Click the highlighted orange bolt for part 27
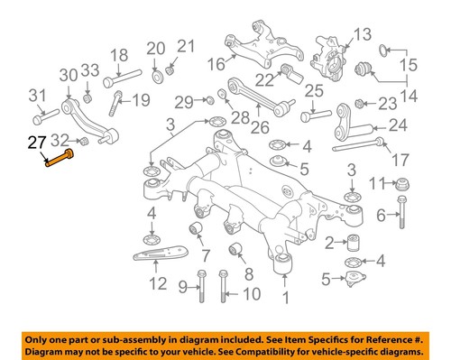pos(60,162)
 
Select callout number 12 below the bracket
pos(158,284)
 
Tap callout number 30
pos(69,75)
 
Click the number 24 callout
pos(398,125)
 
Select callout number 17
pos(400,161)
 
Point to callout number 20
pos(155,48)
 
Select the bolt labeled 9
pos(200,287)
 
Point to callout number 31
pos(37,97)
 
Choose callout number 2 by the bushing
pos(330,241)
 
